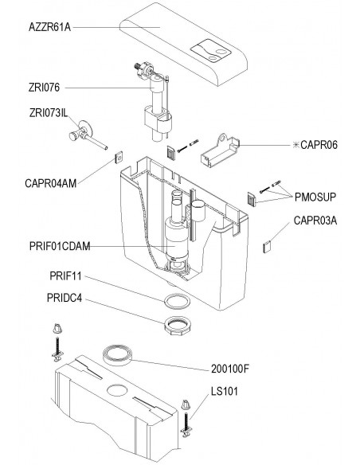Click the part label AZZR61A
50,27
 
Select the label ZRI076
44,88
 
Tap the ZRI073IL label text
49,113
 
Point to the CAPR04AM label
51,183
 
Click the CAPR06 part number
319,145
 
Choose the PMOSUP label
315,197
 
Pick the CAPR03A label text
315,221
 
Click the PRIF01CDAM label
60,247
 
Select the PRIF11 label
65,276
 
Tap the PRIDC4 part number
65,298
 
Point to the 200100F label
230,369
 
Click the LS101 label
225,391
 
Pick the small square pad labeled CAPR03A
267,247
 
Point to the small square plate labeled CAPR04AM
119,158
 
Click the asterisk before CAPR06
295,145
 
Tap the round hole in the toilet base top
117,390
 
